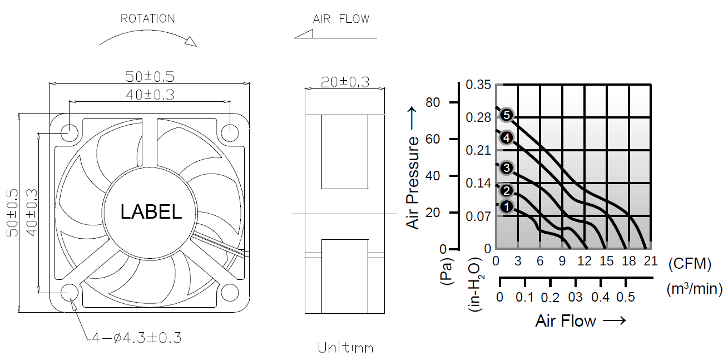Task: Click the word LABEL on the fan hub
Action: pos(151,211)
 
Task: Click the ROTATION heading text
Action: pos(148,18)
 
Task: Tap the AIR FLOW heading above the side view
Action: pos(341,19)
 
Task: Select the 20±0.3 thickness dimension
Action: pos(345,82)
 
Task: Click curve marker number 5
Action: pos(506,115)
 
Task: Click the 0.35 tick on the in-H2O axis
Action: pos(479,85)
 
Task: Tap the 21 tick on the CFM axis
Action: pos(651,261)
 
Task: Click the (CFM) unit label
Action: pos(690,264)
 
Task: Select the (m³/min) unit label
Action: pos(694,288)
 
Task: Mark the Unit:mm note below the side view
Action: pos(345,348)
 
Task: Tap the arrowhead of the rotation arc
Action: pos(190,41)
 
